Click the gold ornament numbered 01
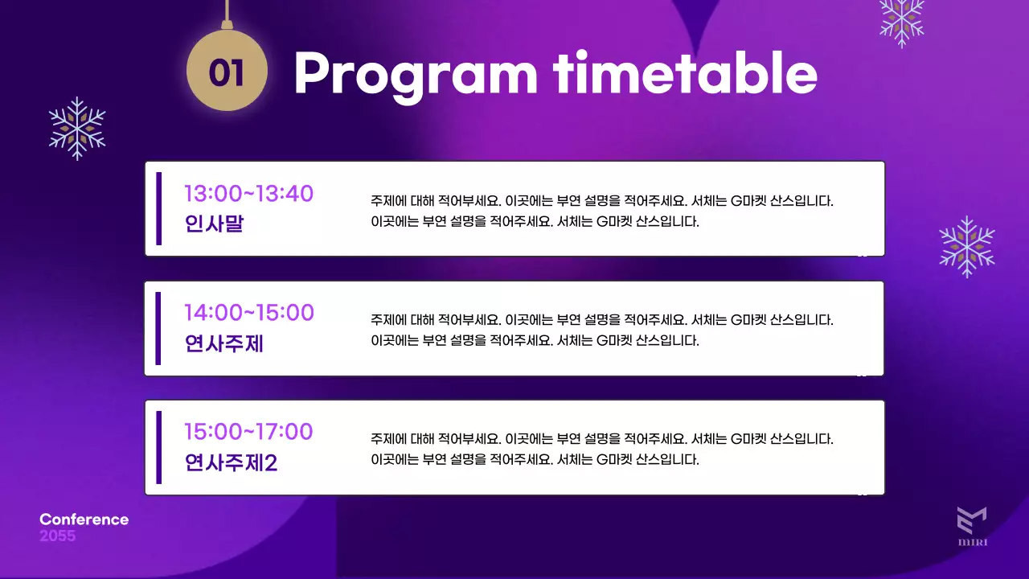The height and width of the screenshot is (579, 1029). [x=227, y=72]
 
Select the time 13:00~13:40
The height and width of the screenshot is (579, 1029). [x=248, y=194]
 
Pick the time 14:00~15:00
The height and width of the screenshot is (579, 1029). [x=248, y=313]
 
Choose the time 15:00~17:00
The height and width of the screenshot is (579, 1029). [x=248, y=432]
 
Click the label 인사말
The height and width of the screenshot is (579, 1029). [x=214, y=224]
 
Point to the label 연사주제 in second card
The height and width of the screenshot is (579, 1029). [x=224, y=343]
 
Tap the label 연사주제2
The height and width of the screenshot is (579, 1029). [x=231, y=463]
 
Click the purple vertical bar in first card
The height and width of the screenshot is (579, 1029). [x=158, y=208]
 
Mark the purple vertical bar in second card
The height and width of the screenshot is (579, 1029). [x=158, y=328]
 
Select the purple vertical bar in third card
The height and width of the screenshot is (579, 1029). [x=158, y=447]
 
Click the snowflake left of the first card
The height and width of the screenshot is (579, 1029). [x=77, y=129]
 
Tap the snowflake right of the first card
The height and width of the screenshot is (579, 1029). [x=967, y=246]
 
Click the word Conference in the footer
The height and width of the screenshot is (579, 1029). [x=84, y=519]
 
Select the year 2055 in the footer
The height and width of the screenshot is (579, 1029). [x=57, y=536]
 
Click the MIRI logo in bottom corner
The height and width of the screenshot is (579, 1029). [x=972, y=527]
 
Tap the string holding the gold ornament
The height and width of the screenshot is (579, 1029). [x=228, y=11]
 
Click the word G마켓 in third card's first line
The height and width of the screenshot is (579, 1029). [x=748, y=440]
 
